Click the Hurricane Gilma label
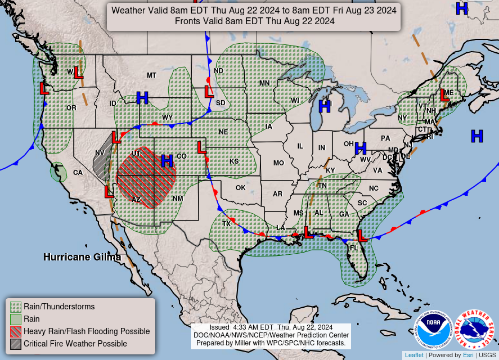(82, 257)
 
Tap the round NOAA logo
(433, 330)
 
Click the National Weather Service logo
(474, 330)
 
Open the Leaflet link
(414, 355)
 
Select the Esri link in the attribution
(468, 355)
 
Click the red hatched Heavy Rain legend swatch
(16, 332)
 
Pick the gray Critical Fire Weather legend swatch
(16, 344)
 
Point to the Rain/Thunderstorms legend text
(59, 307)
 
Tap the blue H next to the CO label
(167, 161)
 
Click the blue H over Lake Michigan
(324, 107)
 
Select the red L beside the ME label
(444, 95)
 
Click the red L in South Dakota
(209, 92)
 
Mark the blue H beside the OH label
(360, 149)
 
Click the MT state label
(151, 75)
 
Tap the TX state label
(226, 224)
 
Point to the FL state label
(353, 248)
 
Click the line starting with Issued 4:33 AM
(271, 327)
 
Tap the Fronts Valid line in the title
(254, 21)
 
